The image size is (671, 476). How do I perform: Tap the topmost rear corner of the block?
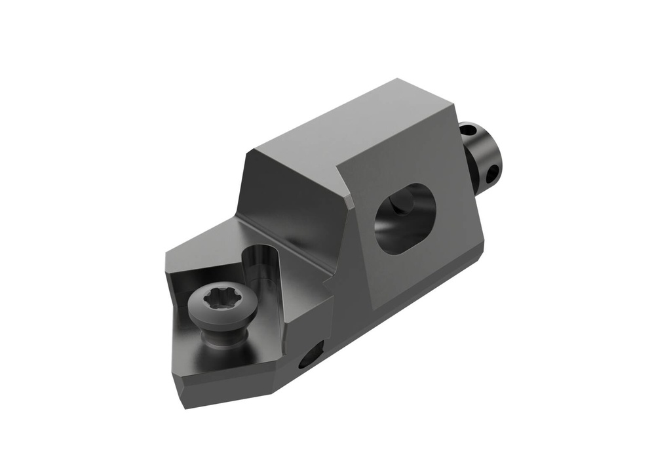(x=397, y=79)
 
